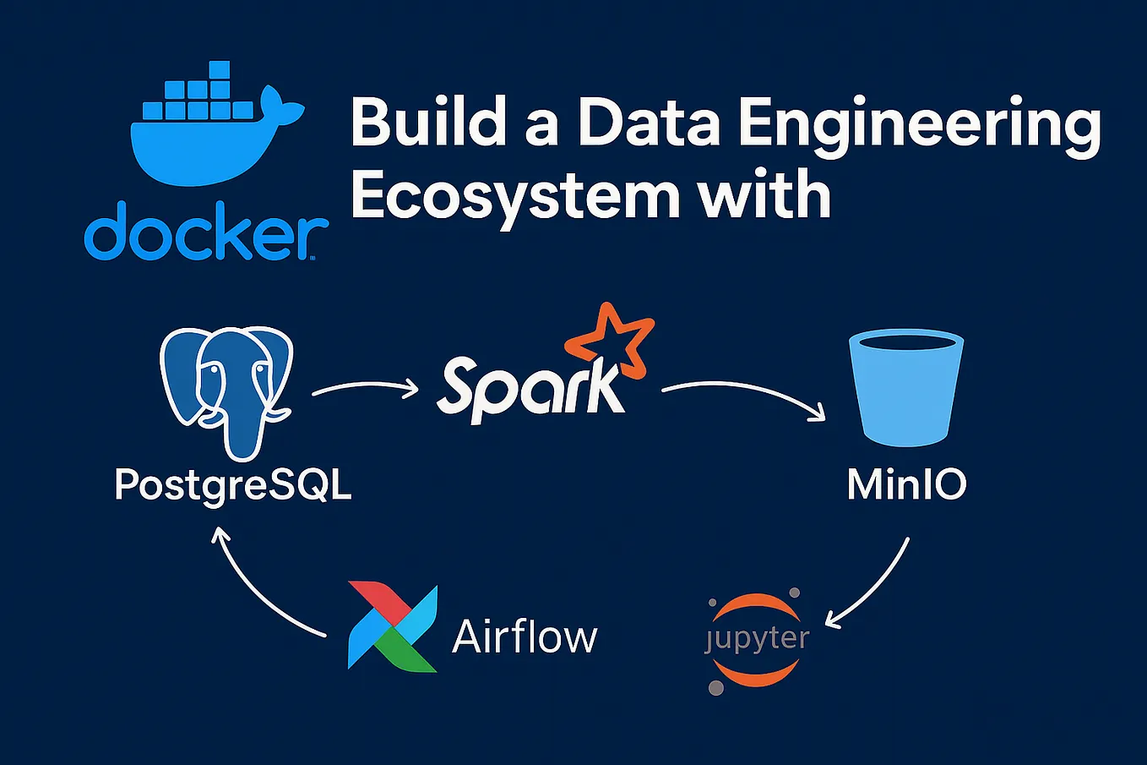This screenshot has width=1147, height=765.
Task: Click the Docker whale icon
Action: (x=215, y=127)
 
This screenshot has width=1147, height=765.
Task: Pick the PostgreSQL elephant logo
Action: (x=226, y=389)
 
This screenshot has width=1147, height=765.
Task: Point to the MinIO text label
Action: (x=906, y=484)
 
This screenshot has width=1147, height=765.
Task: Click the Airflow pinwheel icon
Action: (x=392, y=626)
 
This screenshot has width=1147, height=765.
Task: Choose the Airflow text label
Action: (x=525, y=636)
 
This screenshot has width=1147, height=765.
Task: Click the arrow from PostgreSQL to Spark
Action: (x=365, y=388)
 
